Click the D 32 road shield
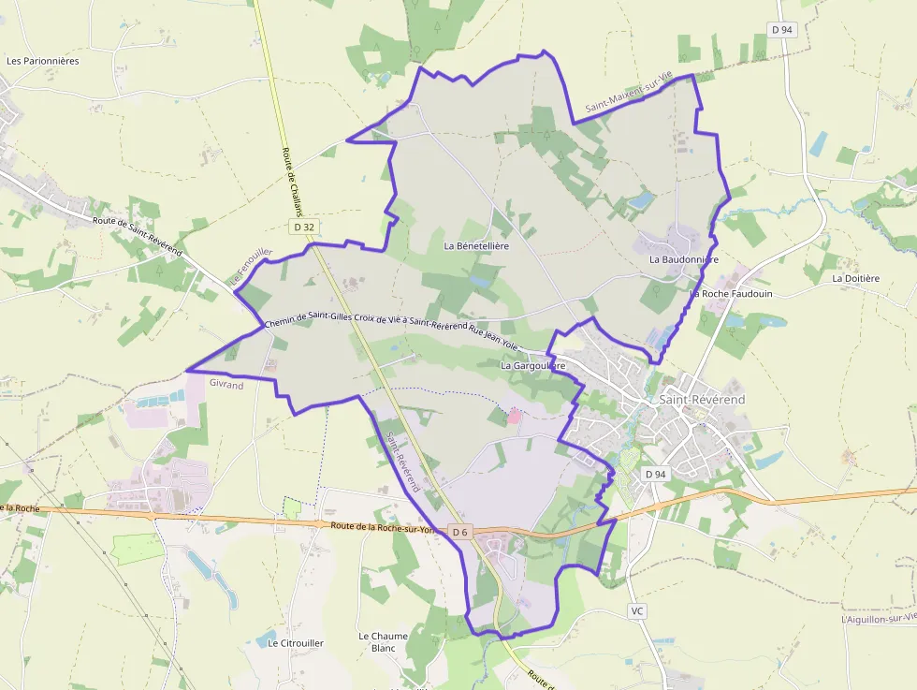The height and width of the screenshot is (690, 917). [303, 227]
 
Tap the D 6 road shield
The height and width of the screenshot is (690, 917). [459, 532]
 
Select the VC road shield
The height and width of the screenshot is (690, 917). [638, 610]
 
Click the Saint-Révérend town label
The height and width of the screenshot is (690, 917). [702, 400]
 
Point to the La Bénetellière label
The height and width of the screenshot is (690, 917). [476, 246]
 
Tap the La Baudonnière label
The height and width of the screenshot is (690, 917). [683, 259]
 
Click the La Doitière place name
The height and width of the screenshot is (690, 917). [855, 278]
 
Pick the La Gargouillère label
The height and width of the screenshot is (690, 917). [533, 365]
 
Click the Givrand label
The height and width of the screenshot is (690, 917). [226, 385]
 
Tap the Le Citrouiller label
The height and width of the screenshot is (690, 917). [296, 643]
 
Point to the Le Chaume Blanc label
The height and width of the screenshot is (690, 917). [384, 641]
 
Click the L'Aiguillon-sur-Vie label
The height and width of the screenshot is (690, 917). [878, 619]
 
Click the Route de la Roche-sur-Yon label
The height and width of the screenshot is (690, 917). [384, 527]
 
